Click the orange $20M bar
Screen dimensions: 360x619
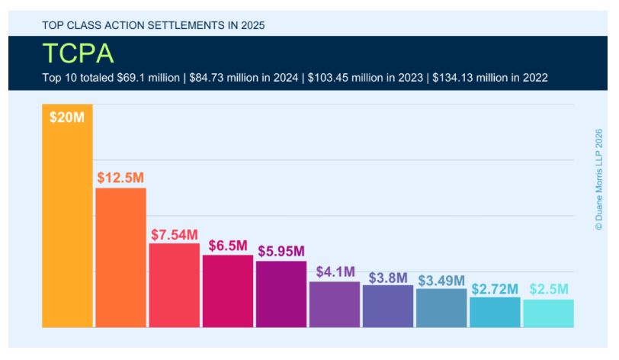(x=67, y=221)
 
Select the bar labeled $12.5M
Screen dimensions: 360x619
(x=120, y=259)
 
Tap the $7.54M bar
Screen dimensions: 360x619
(x=174, y=286)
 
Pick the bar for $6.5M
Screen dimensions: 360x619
(x=227, y=291)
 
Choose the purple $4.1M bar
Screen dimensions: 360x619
(x=334, y=304)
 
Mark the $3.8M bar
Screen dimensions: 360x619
(x=387, y=307)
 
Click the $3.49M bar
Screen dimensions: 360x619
(x=441, y=308)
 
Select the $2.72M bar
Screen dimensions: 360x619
(x=494, y=312)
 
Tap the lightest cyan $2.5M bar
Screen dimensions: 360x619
(x=547, y=313)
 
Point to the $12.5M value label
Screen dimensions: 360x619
(x=120, y=178)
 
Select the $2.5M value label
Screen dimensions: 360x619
(x=548, y=290)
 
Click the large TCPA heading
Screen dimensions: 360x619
(x=78, y=53)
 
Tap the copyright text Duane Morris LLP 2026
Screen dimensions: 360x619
(x=598, y=180)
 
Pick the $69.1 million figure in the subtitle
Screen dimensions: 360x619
(x=136, y=78)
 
